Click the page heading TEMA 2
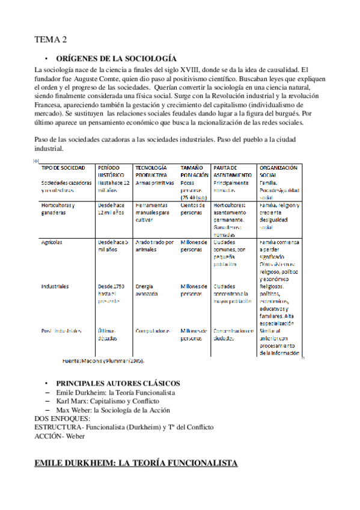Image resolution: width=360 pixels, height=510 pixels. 50,40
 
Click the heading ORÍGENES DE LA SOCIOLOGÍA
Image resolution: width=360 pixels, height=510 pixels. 116,58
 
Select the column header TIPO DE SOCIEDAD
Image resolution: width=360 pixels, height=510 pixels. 63,167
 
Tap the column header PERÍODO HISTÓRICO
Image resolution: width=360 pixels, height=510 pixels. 112,171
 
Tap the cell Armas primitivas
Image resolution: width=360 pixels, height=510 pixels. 154,182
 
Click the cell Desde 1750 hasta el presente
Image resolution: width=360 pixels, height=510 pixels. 111,295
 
